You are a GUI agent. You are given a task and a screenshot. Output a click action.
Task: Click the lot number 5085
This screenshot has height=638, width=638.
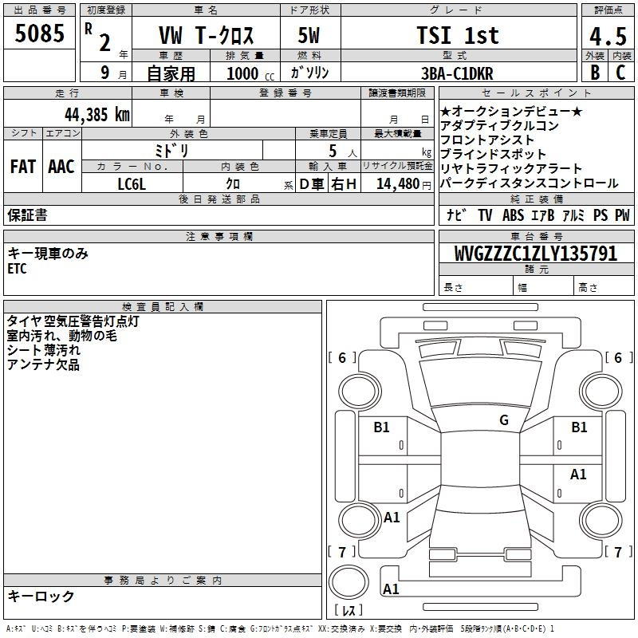(x=39, y=33)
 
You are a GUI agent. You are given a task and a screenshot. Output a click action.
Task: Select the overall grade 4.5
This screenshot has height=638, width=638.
(x=608, y=36)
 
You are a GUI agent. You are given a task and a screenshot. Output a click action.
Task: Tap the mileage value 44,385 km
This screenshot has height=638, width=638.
(x=97, y=115)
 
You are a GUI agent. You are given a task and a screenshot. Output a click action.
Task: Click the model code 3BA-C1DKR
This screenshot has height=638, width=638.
(x=457, y=73)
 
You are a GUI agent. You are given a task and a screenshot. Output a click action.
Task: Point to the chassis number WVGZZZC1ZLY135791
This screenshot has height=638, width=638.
(x=535, y=254)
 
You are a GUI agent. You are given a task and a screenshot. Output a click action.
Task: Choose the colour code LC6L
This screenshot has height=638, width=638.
(x=132, y=184)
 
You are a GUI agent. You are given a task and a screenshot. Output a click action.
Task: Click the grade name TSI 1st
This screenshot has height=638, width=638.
(x=458, y=35)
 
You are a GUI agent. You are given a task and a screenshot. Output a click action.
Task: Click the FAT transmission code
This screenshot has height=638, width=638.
(x=23, y=167)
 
